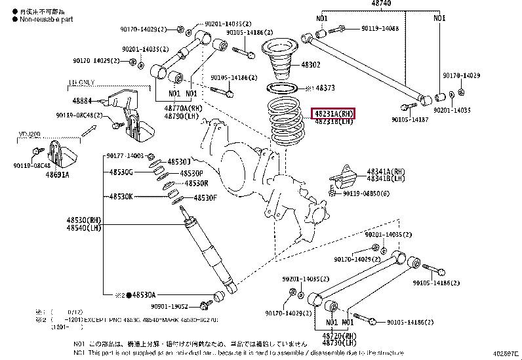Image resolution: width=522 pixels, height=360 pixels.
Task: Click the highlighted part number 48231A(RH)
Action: point(333,113)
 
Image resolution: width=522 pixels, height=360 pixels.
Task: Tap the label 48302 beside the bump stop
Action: point(311,65)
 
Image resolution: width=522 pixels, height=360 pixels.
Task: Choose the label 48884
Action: point(81,101)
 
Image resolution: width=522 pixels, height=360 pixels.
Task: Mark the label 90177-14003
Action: point(125,156)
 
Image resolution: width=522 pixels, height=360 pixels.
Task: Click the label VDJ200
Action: point(27,134)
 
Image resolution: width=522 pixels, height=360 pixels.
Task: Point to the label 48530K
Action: point(121,196)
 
